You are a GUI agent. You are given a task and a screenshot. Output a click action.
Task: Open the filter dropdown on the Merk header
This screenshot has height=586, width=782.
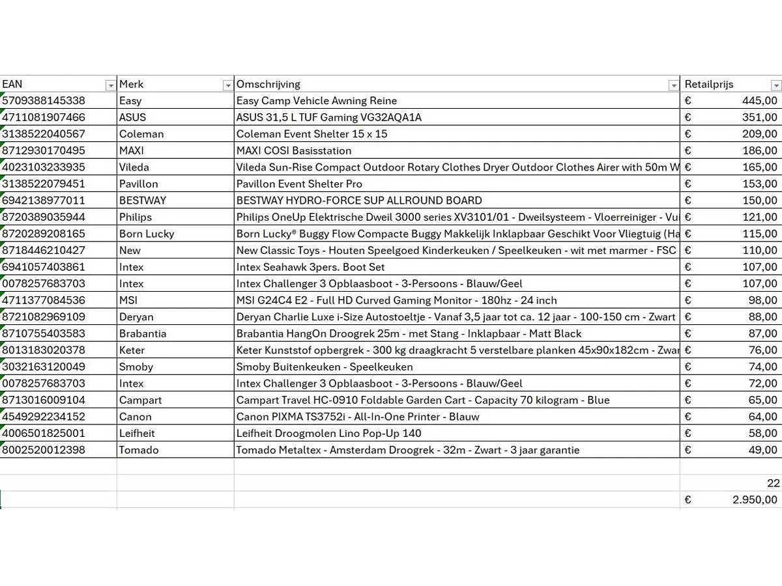tap(227, 85)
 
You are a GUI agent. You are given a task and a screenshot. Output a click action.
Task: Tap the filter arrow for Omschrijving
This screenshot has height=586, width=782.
tap(673, 85)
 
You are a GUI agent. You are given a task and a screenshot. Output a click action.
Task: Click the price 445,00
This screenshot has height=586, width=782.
tap(759, 101)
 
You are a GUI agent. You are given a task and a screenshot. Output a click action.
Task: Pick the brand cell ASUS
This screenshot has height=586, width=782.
tap(133, 117)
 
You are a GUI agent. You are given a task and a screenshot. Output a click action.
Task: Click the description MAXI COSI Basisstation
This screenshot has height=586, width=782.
tap(294, 150)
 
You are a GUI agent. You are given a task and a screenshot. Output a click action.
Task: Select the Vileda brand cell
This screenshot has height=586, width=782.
tap(134, 167)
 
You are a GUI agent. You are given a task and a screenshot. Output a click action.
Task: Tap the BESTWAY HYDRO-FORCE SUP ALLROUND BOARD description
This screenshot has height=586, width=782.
tap(359, 201)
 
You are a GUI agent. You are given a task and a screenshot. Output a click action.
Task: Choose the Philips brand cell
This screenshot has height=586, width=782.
tap(136, 217)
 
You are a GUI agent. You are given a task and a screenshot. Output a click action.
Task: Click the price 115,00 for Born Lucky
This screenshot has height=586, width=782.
tap(759, 234)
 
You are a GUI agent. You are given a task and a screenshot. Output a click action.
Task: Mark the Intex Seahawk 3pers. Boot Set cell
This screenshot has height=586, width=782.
tap(310, 267)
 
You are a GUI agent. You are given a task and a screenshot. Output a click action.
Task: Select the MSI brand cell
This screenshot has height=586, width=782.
tap(128, 300)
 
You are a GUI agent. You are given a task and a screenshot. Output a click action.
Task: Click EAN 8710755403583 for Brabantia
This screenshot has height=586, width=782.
tap(44, 333)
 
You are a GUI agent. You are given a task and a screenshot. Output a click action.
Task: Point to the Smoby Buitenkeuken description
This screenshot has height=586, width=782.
tap(325, 367)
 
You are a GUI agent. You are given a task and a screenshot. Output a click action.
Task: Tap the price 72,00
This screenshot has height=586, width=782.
tap(762, 384)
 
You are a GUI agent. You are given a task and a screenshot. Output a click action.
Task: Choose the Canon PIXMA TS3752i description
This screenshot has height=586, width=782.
tap(358, 417)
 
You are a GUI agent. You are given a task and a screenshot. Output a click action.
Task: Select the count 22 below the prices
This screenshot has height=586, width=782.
tap(773, 483)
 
